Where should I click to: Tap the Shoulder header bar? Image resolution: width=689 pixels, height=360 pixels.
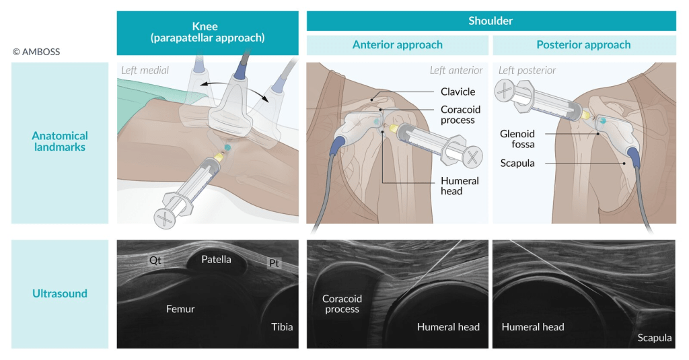click(x=491, y=21)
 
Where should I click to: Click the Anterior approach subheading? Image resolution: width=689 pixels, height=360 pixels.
click(x=398, y=45)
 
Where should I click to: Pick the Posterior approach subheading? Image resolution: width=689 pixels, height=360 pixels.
click(x=583, y=45)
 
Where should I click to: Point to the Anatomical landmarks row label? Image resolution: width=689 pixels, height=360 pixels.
click(x=59, y=141)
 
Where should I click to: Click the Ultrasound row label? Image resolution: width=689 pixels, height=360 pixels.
click(x=59, y=293)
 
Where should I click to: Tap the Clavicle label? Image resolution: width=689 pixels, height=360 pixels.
click(x=458, y=92)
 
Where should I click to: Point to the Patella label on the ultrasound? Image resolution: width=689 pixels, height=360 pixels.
click(x=216, y=259)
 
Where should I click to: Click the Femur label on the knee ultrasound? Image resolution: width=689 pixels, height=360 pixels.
click(x=180, y=310)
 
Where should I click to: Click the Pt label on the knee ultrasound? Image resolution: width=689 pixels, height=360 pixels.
click(x=274, y=263)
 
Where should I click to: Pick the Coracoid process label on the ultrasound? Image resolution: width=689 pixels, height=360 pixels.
click(x=342, y=304)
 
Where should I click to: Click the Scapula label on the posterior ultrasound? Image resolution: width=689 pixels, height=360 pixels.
click(x=654, y=338)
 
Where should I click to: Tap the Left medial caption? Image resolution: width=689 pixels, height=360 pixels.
click(x=145, y=70)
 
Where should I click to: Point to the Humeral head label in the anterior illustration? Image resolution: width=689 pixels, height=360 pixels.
click(x=460, y=186)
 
